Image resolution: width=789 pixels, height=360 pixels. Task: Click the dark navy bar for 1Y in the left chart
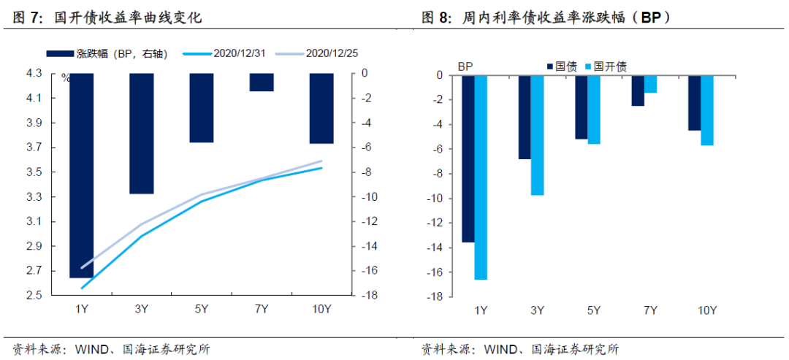pos(81,175)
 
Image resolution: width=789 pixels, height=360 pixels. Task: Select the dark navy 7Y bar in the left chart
pos(262,82)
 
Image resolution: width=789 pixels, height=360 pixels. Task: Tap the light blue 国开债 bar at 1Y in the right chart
pos(481,177)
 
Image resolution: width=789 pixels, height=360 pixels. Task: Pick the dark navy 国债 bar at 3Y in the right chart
pos(525,117)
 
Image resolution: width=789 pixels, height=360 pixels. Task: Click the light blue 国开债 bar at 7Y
pos(650,84)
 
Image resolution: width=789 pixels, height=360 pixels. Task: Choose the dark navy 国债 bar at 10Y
pos(694,103)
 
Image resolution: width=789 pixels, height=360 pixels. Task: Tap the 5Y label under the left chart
pos(202,310)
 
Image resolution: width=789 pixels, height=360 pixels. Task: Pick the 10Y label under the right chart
pos(706,310)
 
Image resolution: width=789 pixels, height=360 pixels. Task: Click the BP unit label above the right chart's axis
pos(466,66)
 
